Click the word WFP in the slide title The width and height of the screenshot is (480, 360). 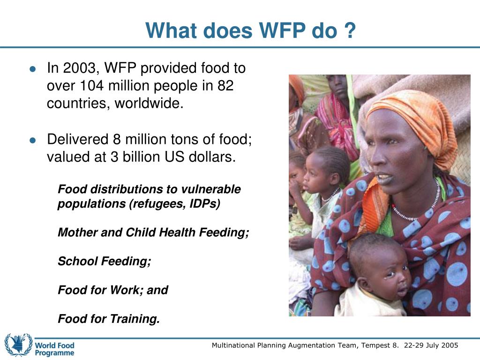point(279,31)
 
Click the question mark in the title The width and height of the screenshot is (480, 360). point(350,31)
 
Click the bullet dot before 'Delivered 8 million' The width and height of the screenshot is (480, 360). point(32,140)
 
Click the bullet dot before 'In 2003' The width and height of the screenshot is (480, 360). point(32,69)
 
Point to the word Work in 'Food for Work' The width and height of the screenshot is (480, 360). point(127,290)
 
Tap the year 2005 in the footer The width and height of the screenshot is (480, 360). point(449,345)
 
